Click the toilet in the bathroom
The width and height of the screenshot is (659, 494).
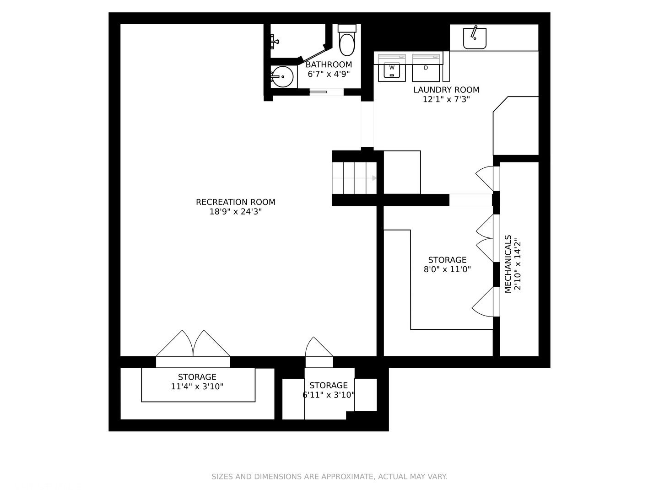[347, 40]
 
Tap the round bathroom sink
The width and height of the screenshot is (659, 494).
[282, 77]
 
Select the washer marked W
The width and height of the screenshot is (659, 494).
[391, 68]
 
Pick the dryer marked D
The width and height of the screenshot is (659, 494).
[426, 68]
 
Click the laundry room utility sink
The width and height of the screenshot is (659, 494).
[475, 38]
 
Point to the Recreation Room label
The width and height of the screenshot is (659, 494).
[235, 202]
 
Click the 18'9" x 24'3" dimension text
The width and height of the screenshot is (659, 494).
[235, 212]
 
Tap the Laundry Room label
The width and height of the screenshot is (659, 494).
[446, 90]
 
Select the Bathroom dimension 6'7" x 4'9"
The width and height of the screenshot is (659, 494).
[329, 74]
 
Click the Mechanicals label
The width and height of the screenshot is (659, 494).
[508, 264]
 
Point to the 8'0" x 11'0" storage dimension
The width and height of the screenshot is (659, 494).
[447, 269]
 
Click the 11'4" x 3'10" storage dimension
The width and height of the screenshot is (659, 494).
[197, 387]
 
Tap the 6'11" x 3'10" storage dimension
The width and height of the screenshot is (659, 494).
[329, 395]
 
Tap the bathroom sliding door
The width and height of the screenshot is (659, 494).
[318, 92]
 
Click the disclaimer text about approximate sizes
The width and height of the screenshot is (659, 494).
[329, 477]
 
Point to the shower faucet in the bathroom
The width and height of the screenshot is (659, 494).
[275, 42]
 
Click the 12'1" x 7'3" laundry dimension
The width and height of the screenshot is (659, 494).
[446, 99]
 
